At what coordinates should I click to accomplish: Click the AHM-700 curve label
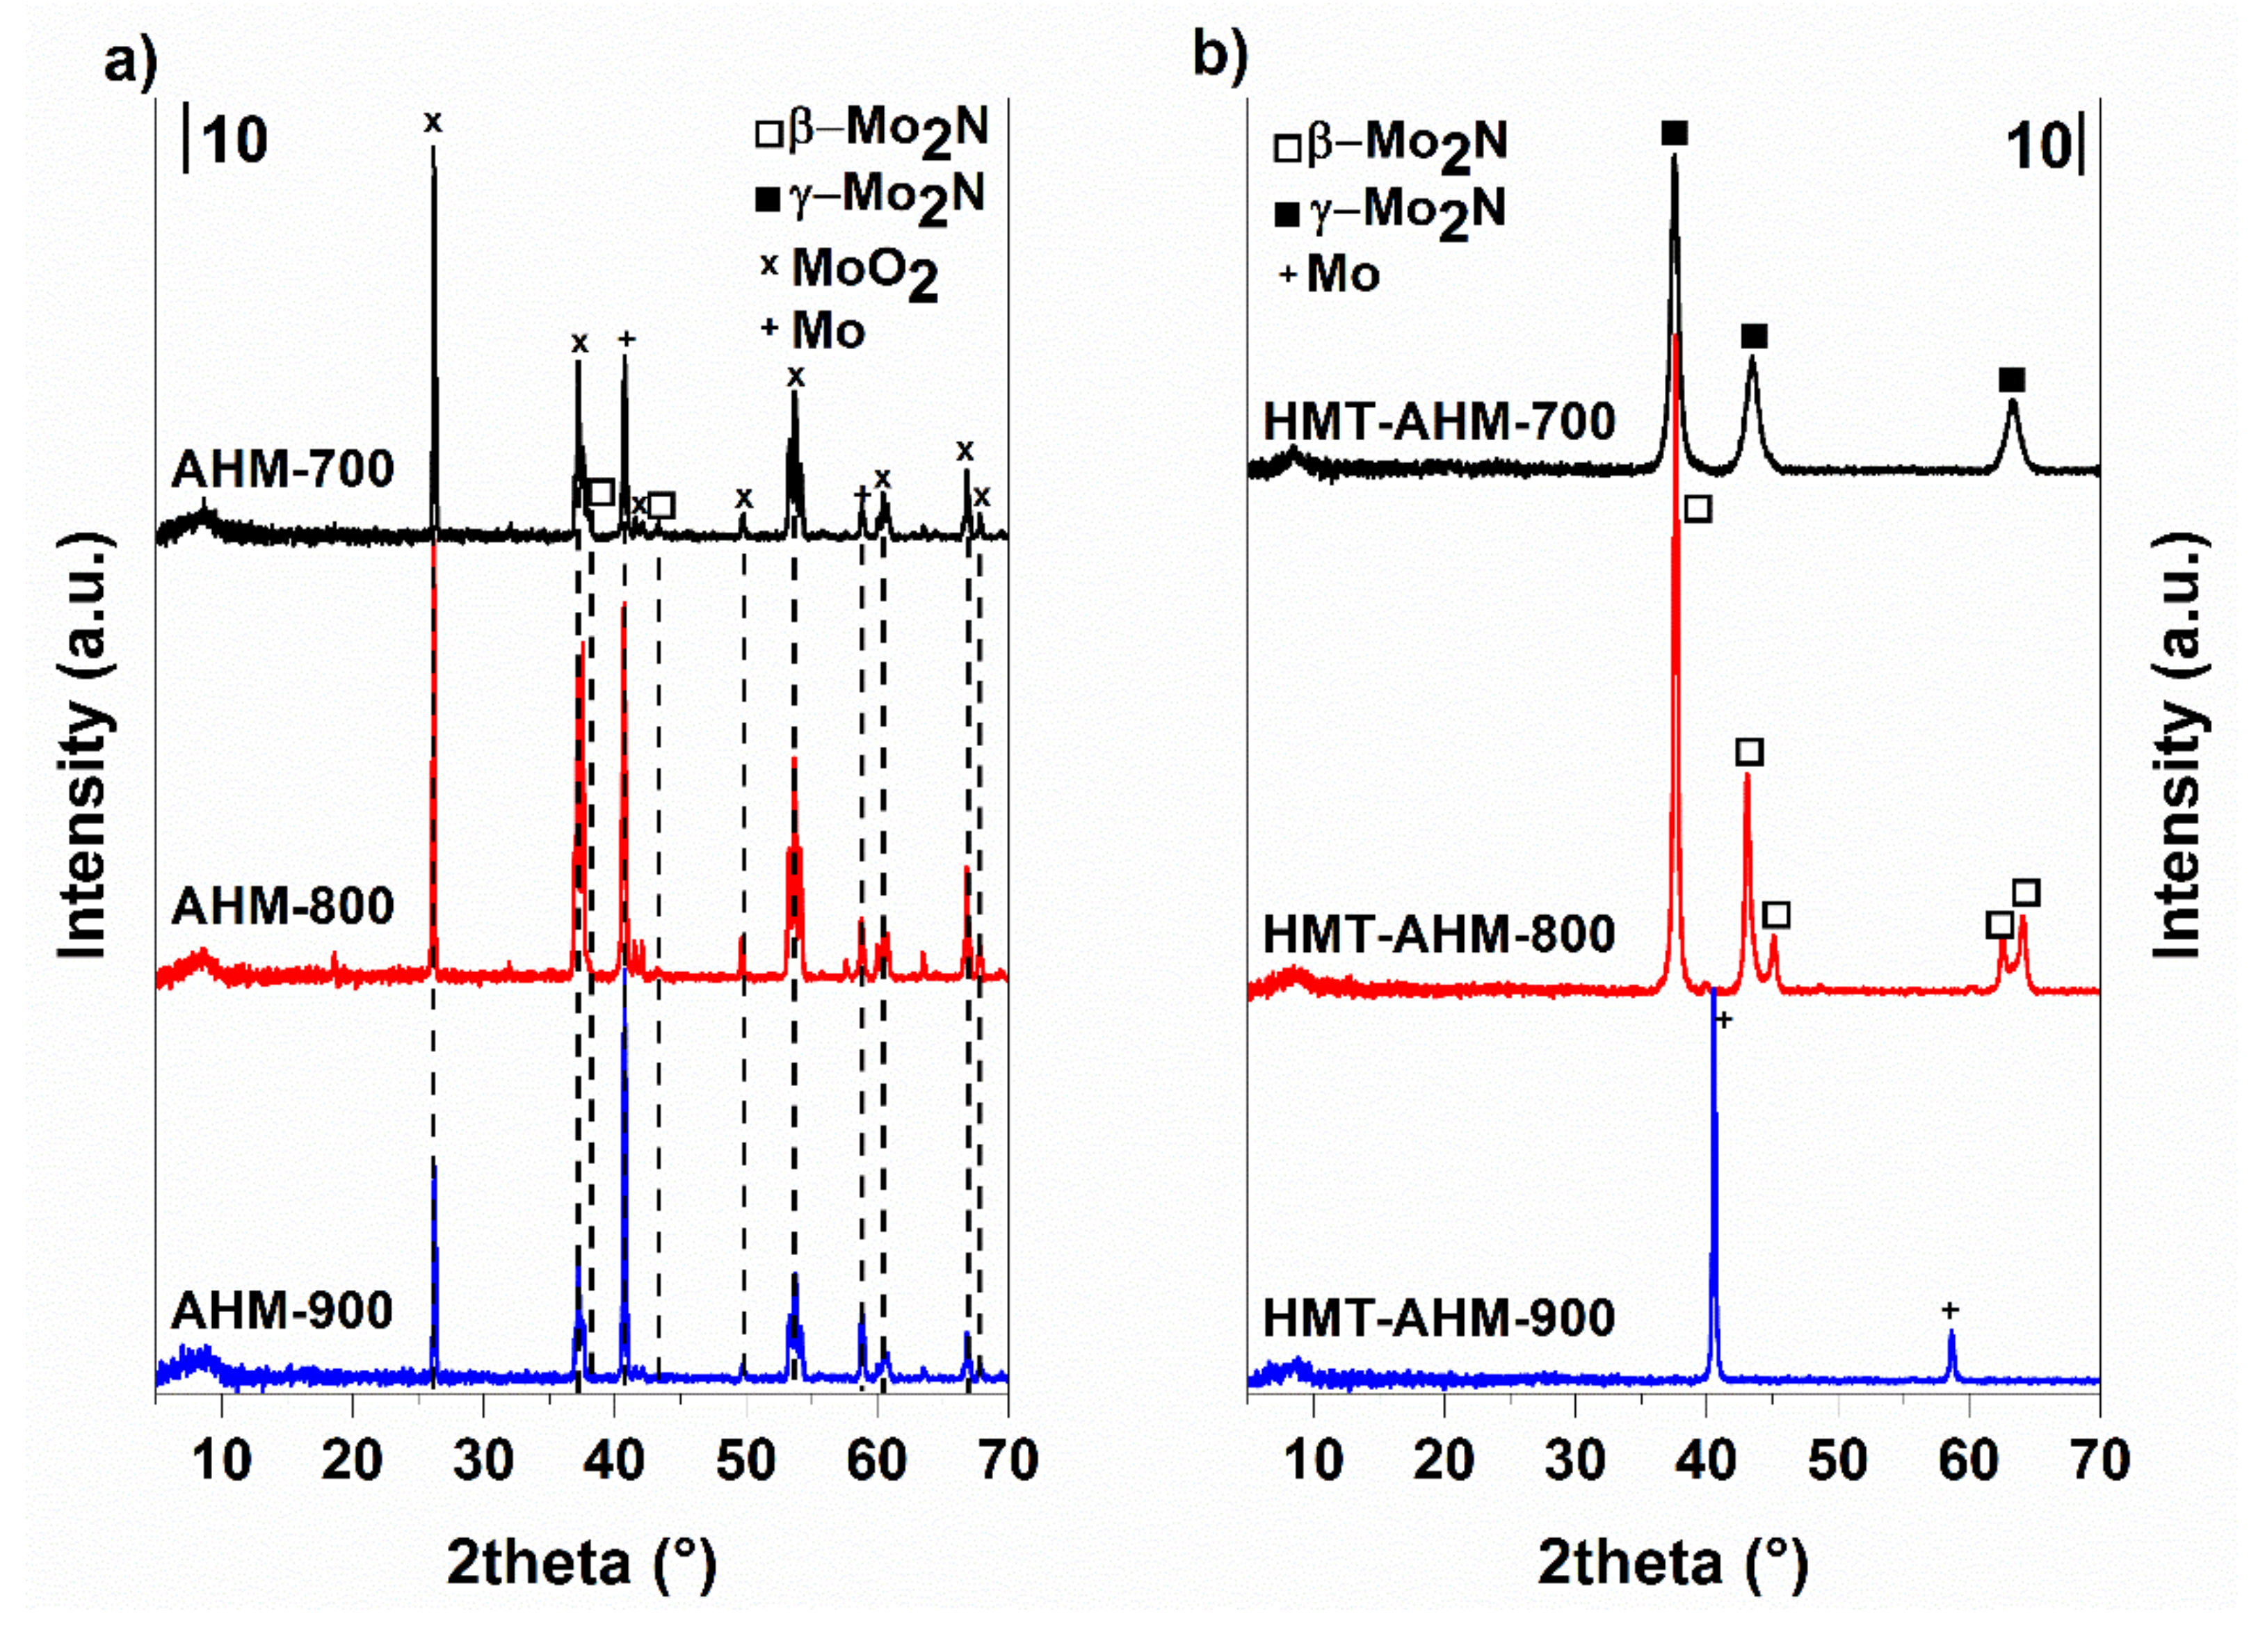click(282, 469)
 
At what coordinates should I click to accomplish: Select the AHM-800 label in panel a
click(282, 905)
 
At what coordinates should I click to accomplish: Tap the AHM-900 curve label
click(282, 1311)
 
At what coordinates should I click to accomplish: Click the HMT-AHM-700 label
click(1439, 422)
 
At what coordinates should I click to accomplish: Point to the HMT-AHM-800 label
click(1439, 934)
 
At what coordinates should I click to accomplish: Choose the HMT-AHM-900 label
click(1439, 1318)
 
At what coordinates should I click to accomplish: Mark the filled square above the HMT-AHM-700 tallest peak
click(1674, 133)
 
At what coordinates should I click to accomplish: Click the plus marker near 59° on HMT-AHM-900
click(1949, 1311)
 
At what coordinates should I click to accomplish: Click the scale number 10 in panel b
click(2037, 147)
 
